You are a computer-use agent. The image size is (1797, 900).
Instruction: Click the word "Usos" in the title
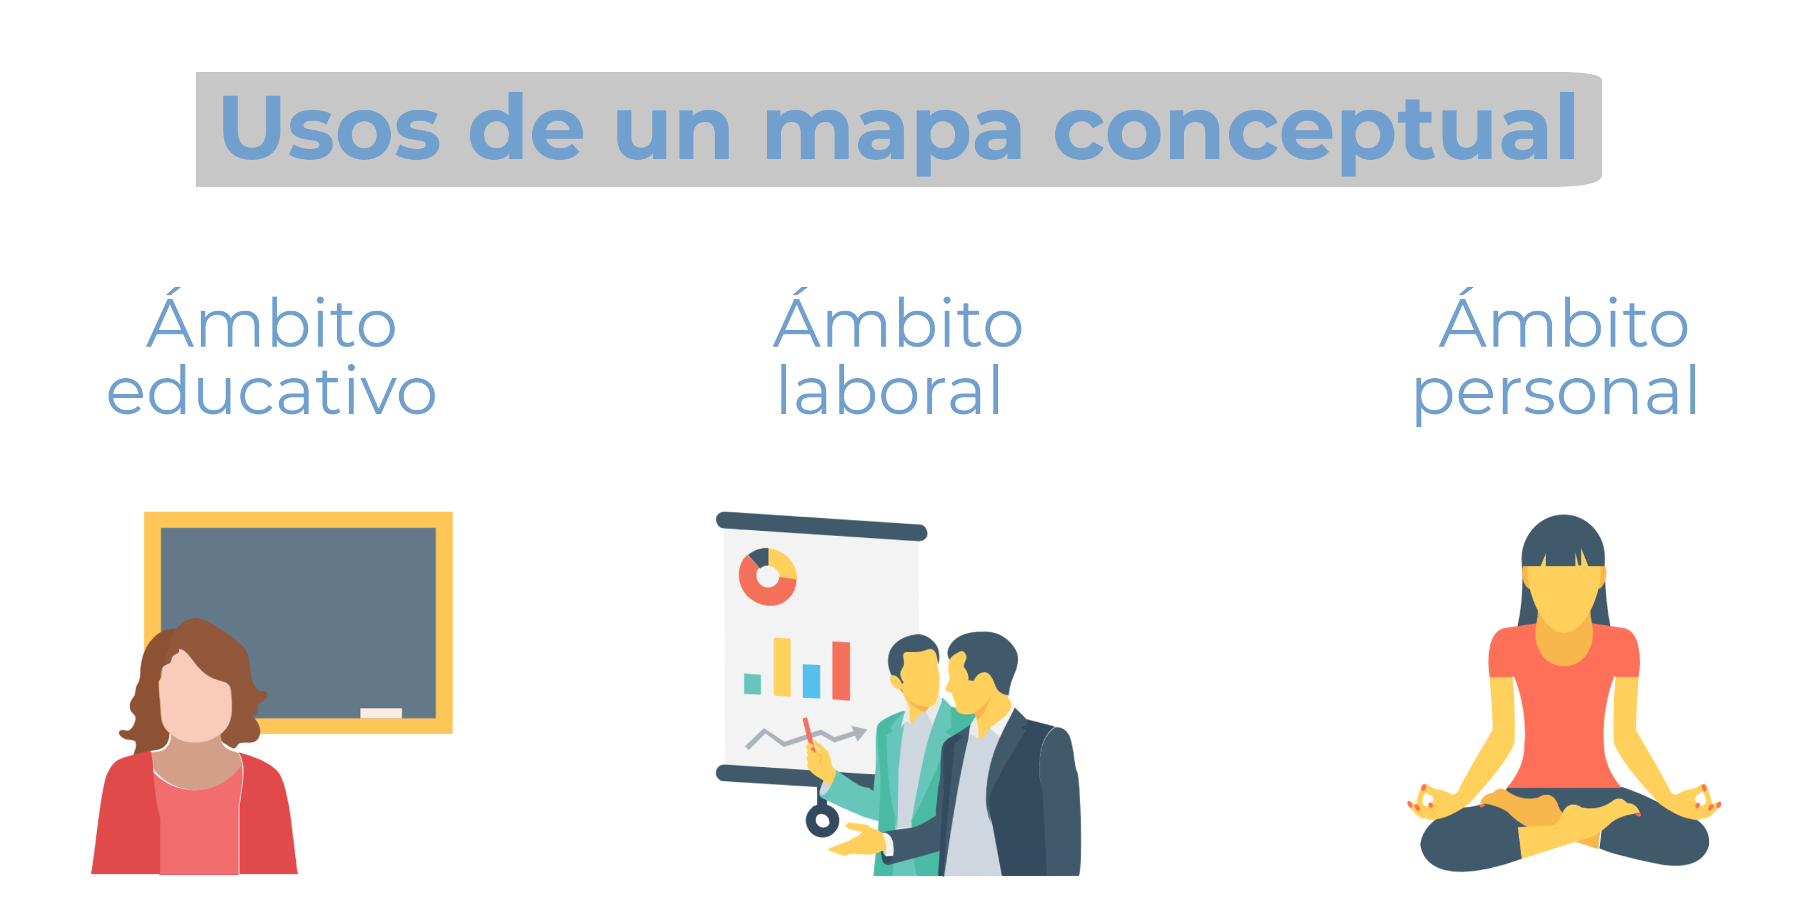(331, 128)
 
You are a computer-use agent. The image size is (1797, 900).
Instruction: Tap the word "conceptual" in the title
(1315, 132)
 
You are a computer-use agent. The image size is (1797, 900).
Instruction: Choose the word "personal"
(1555, 394)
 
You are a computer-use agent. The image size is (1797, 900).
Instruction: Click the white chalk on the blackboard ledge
(381, 713)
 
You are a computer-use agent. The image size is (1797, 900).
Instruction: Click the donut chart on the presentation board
(768, 577)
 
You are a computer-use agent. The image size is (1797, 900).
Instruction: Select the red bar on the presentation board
(841, 670)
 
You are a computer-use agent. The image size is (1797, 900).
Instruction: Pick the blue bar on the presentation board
(811, 680)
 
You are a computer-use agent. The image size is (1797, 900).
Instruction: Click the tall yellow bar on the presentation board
(782, 667)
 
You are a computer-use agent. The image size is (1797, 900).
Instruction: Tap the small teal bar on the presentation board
(753, 684)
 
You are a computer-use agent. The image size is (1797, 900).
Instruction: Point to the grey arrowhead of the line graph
(859, 733)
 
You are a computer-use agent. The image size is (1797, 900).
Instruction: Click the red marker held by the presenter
(809, 734)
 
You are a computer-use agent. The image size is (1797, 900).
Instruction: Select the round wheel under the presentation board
(823, 820)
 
